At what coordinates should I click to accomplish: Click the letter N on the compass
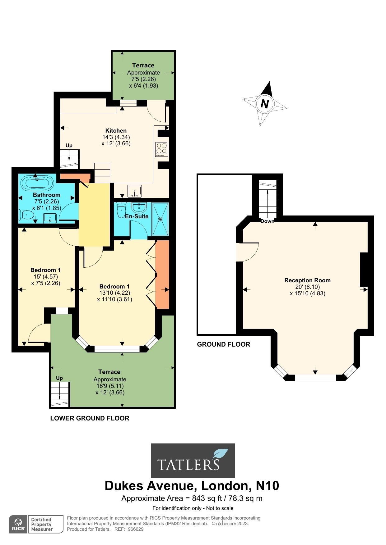(265, 104)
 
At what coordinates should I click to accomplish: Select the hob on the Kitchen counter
(162, 149)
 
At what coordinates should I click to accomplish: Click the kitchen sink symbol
(135, 191)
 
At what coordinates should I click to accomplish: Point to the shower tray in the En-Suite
(160, 219)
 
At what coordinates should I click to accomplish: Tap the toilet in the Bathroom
(27, 215)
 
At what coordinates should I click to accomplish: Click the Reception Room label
(307, 280)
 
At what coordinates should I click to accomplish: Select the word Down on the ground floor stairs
(267, 221)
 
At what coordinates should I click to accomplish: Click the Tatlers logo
(193, 460)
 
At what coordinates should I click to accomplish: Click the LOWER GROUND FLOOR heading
(90, 418)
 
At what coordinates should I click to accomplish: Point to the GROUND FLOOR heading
(223, 344)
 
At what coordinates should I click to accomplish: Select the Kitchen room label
(116, 131)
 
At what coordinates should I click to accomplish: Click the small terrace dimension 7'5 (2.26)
(143, 79)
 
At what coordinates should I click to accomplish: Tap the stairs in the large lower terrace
(59, 393)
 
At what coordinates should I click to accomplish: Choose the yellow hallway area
(94, 214)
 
